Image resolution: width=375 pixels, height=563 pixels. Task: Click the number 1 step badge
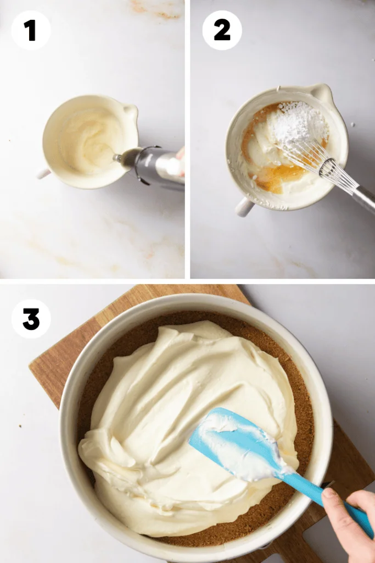click(x=31, y=30)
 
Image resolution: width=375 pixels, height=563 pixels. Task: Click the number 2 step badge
click(x=222, y=30)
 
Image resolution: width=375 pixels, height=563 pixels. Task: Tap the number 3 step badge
click(x=31, y=319)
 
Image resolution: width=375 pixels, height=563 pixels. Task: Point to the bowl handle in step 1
click(x=44, y=174)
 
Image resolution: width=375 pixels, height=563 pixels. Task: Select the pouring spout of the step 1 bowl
click(x=131, y=112)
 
